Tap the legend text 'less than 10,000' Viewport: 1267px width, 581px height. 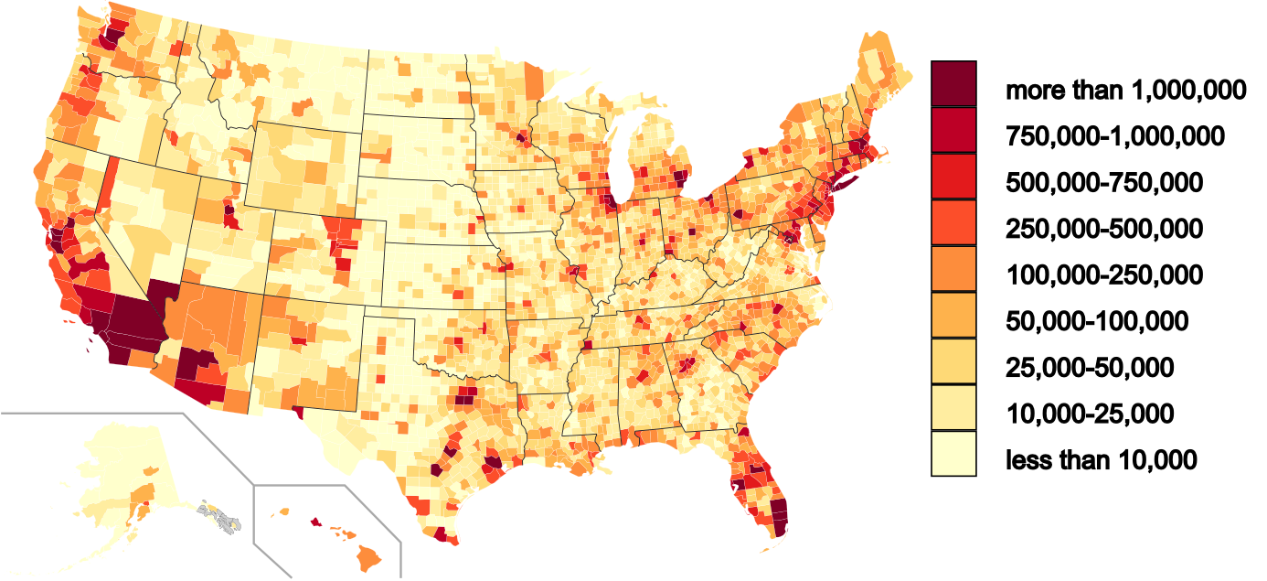pyautogui.click(x=1101, y=460)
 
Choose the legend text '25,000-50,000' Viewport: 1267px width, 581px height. pyautogui.click(x=1090, y=368)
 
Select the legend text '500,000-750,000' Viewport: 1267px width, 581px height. pyautogui.click(x=1104, y=183)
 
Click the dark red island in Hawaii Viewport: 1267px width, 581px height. pyautogui.click(x=316, y=522)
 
